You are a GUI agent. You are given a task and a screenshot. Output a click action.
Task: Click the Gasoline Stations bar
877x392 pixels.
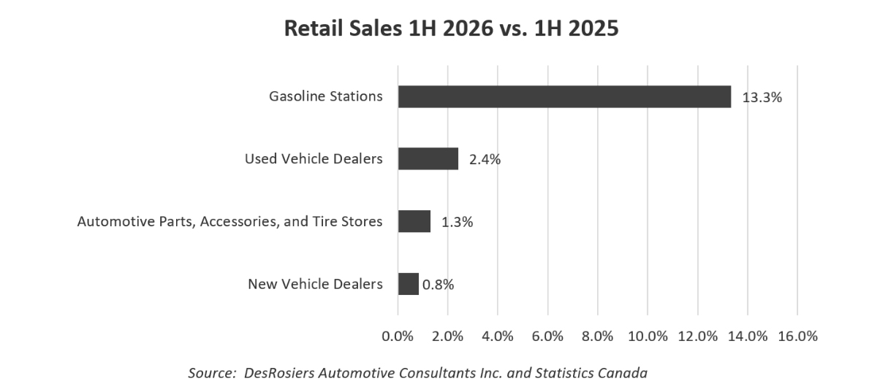coord(564,96)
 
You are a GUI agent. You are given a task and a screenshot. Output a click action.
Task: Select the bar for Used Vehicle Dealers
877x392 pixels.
coord(428,159)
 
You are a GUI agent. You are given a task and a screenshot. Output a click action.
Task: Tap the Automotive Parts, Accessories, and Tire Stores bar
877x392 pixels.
coord(414,221)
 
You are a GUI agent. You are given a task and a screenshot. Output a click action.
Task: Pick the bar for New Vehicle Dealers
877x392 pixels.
coord(409,284)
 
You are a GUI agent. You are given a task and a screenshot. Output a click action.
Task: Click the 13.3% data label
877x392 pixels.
coord(762,97)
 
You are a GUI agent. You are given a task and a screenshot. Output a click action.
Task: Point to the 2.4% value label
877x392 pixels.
coord(485,160)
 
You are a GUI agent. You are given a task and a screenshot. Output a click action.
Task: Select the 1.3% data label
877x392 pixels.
coord(458,222)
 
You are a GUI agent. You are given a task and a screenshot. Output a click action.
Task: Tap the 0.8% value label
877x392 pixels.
coord(438,285)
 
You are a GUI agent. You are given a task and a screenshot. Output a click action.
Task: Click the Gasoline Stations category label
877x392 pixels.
coord(326,96)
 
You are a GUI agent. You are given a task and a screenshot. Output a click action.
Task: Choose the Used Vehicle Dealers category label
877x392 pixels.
coord(314,159)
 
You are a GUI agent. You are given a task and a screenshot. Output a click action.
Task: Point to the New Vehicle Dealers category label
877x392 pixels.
coord(315,284)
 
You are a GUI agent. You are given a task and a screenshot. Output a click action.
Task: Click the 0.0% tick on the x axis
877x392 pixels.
coord(398,337)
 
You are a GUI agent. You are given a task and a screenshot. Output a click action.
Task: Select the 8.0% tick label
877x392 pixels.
coord(598,337)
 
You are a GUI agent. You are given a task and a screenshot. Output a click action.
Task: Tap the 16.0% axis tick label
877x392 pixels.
coord(797,337)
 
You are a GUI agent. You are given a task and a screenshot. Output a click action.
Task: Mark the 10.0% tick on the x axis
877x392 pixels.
coord(648,337)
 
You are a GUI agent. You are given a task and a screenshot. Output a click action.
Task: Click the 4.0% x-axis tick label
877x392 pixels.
coord(497,337)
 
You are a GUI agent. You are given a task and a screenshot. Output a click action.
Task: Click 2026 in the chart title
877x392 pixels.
coord(468,28)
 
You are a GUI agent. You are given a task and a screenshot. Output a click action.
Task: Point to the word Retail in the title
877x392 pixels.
coord(314,28)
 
